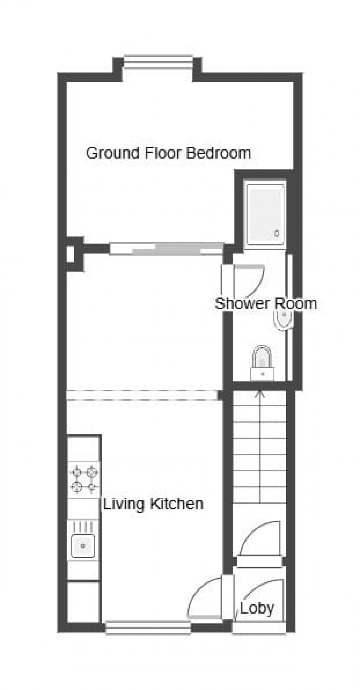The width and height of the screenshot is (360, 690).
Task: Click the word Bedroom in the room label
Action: pos(218,153)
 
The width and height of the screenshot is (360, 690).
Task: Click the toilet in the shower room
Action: pos(262,363)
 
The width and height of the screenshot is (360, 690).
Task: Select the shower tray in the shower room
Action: pos(266,214)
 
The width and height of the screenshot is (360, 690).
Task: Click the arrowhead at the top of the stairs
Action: pos(259,394)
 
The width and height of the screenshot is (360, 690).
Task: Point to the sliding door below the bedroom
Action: pos(166,248)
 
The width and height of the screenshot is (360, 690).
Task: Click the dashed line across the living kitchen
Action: pos(142,395)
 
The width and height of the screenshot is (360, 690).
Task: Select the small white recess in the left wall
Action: pos(71,254)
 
